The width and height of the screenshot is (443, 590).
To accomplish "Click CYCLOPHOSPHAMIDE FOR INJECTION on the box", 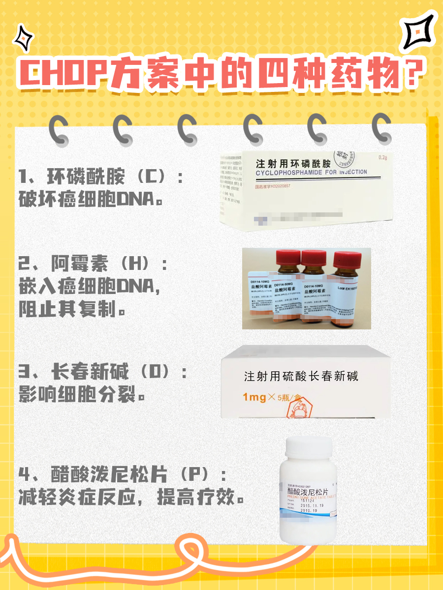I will pos(311,173).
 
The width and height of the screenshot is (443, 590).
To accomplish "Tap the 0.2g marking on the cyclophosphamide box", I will pos(382,158).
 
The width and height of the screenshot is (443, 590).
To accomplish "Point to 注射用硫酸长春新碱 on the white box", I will pos(301,377).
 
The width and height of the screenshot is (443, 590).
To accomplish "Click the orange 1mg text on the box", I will pos(255,397).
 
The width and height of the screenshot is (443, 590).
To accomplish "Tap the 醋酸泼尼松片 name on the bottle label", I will pos(311,491).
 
